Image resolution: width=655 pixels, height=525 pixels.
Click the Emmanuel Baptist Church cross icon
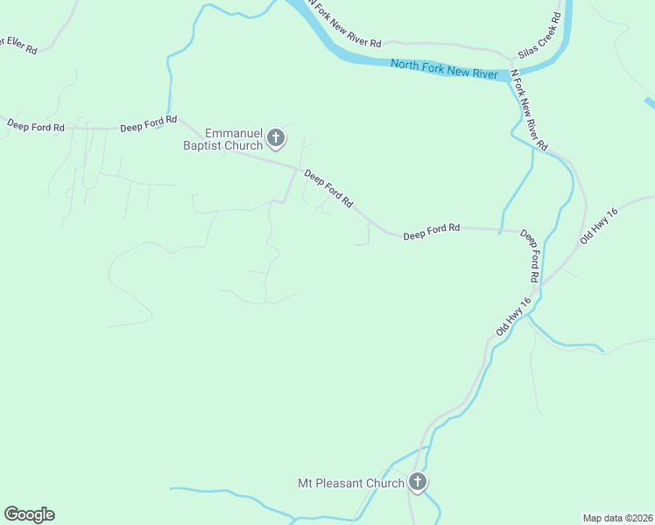pyautogui.click(x=276, y=137)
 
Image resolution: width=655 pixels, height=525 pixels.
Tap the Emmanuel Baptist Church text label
pyautogui.click(x=222, y=139)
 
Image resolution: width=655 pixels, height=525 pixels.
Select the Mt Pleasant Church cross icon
pyautogui.click(x=418, y=482)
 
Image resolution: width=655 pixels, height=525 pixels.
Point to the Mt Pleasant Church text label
pyautogui.click(x=351, y=483)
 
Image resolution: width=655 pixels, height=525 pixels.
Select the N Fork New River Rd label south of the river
pyautogui.click(x=529, y=111)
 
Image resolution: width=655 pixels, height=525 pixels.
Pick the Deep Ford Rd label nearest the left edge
pyautogui.click(x=36, y=126)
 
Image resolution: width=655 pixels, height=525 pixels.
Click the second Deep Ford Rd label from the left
pyautogui.click(x=149, y=124)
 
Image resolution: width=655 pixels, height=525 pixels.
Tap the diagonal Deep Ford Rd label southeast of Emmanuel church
pyautogui.click(x=328, y=189)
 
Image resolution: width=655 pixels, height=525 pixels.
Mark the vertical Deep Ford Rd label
pyautogui.click(x=530, y=255)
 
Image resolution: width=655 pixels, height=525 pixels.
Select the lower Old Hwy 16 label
pyautogui.click(x=514, y=318)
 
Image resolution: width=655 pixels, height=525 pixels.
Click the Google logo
pyautogui.click(x=29, y=514)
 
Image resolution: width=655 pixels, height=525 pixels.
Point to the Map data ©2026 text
pyautogui.click(x=616, y=517)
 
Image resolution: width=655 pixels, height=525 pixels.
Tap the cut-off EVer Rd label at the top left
pyautogui.click(x=18, y=45)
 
